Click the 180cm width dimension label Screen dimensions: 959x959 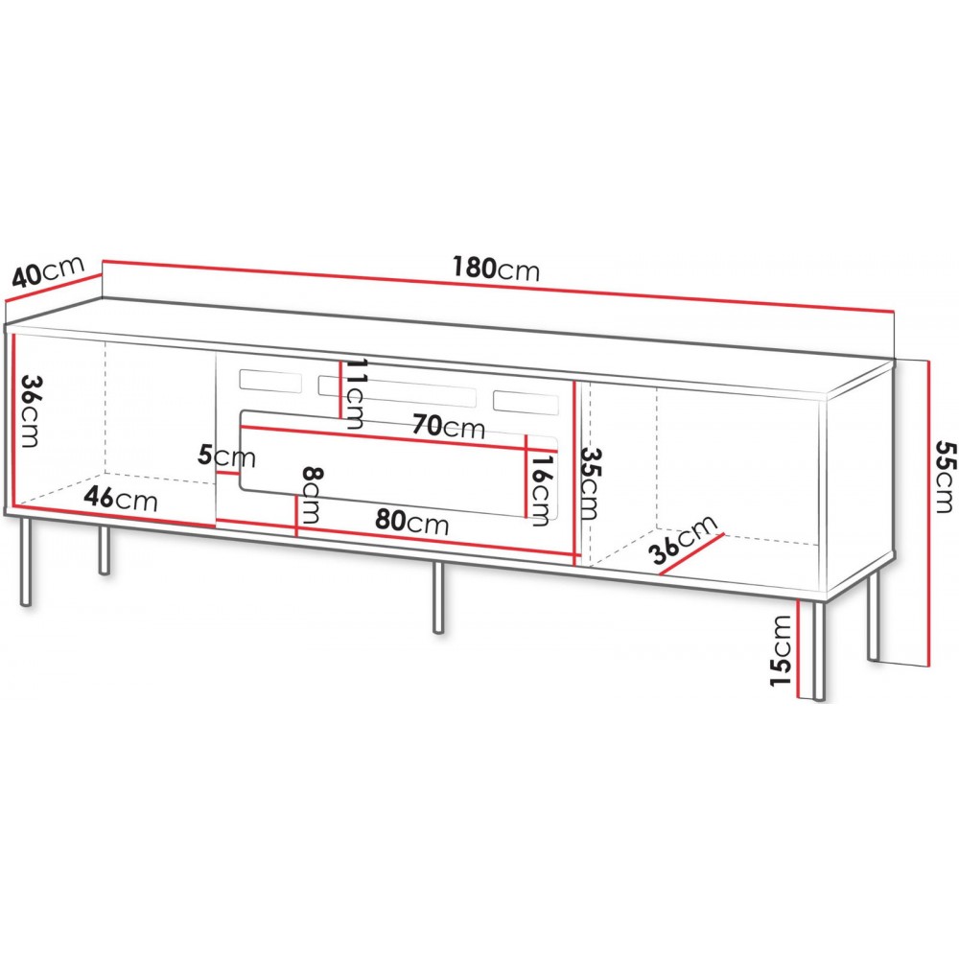tap(498, 269)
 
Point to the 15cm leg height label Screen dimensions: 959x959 tap(783, 653)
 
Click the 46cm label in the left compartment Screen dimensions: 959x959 tap(120, 499)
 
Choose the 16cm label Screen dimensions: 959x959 tap(542, 484)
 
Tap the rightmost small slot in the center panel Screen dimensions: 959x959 tap(526, 401)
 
